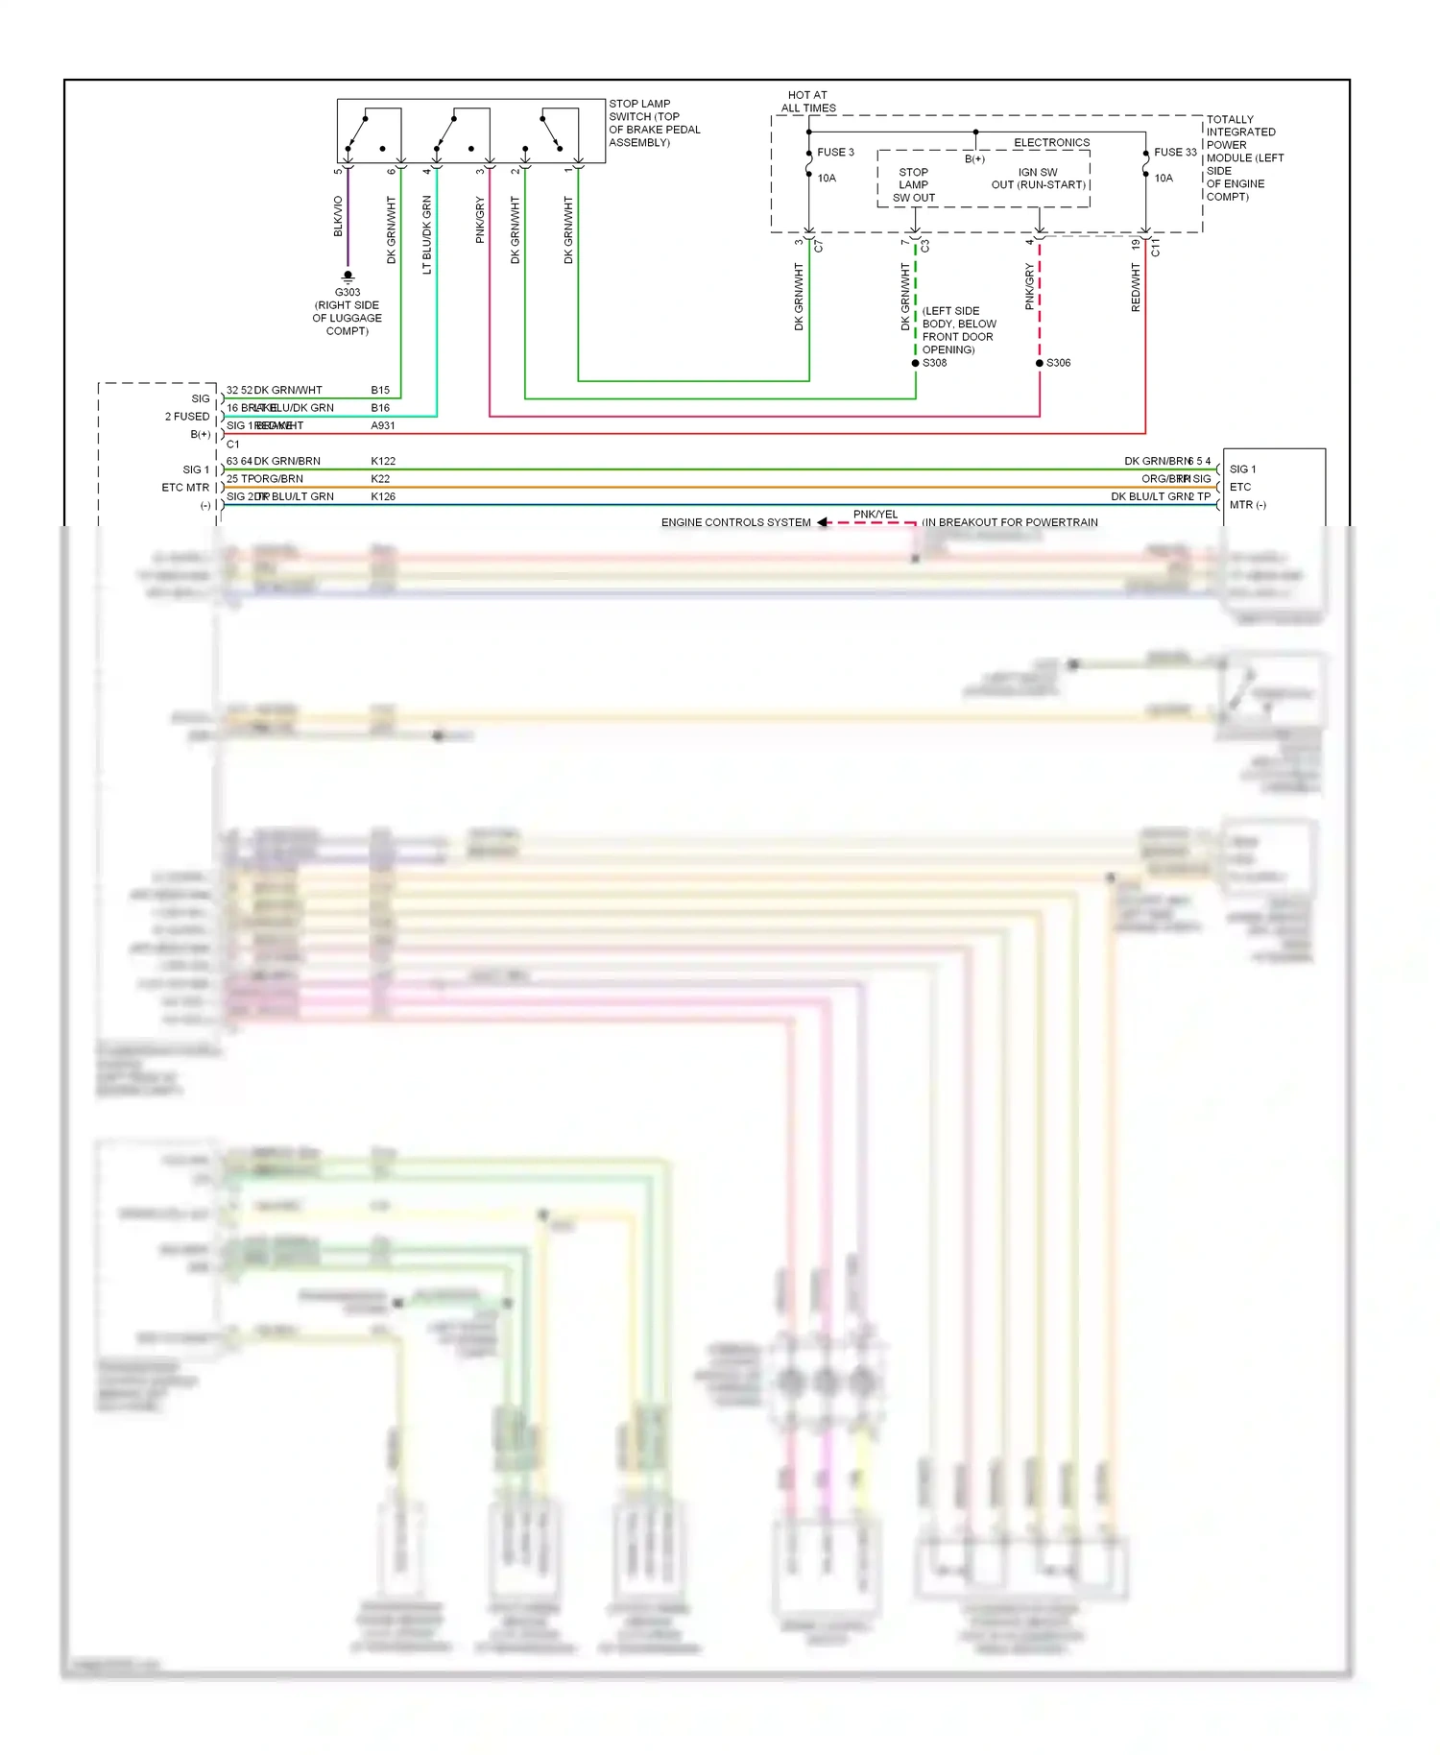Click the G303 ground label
coord(348,292)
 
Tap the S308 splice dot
coord(915,363)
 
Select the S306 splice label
coord(1058,363)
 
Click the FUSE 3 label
coord(835,152)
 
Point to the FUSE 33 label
coord(1175,152)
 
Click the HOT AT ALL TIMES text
coord(807,102)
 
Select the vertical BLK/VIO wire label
coord(338,216)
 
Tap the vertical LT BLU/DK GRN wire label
coord(427,234)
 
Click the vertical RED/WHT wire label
coord(1136,287)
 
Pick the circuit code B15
coord(380,390)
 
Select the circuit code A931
coord(383,425)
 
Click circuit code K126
coord(383,496)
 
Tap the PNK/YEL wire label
coord(876,515)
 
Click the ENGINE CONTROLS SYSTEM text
coord(735,522)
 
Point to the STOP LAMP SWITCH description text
coord(654,123)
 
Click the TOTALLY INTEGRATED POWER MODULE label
coord(1244,157)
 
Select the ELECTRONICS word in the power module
coord(1051,142)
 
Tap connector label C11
coord(1155,248)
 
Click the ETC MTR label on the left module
coord(185,488)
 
